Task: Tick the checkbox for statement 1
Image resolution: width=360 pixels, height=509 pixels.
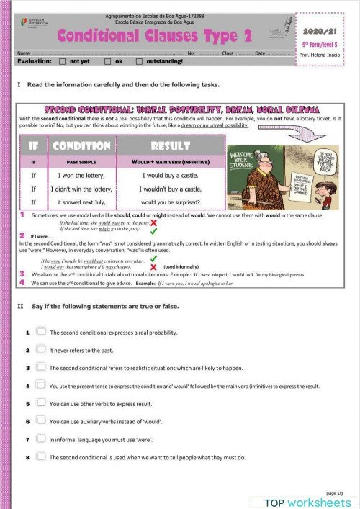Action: [x=41, y=332]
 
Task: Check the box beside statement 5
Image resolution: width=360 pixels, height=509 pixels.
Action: [x=41, y=403]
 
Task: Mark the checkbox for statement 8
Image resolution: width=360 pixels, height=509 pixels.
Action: [x=41, y=456]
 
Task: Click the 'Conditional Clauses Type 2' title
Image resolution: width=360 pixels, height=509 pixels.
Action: [x=154, y=35]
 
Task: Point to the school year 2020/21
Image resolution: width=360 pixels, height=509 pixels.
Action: [x=317, y=32]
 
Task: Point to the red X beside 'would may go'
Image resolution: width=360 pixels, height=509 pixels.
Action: [x=154, y=223]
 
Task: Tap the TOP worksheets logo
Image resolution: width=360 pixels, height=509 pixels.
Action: [x=307, y=502]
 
